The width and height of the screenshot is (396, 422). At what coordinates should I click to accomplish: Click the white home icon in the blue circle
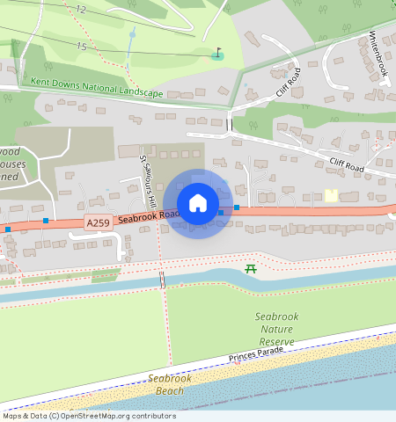[198, 203]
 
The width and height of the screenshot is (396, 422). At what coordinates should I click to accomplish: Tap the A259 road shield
[98, 223]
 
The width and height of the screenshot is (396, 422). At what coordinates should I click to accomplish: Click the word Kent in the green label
[40, 82]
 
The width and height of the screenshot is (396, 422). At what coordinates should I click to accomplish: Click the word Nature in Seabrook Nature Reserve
[276, 328]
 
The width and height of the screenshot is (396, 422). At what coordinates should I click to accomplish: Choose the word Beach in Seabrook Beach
[172, 390]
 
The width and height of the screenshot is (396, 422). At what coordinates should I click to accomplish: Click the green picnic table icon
[252, 267]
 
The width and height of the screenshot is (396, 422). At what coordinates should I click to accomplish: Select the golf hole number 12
[81, 9]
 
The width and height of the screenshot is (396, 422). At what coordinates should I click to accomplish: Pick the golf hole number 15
[81, 46]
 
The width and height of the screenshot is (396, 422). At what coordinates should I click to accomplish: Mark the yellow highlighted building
[332, 195]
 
